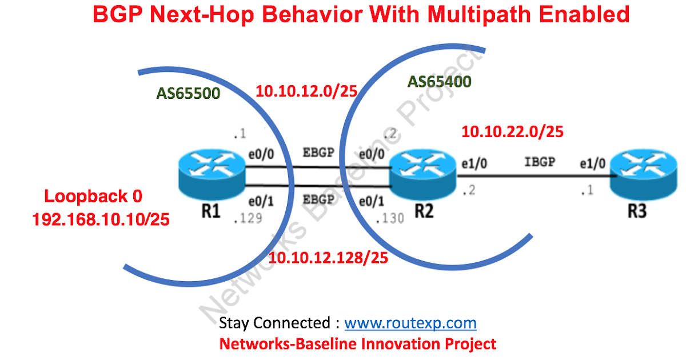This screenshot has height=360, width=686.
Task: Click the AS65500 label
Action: click(189, 93)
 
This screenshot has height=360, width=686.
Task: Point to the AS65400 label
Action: click(439, 82)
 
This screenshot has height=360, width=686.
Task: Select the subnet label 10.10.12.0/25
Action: click(306, 91)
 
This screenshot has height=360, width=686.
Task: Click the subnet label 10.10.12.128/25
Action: click(329, 258)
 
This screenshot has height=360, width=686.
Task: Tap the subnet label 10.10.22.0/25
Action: click(512, 132)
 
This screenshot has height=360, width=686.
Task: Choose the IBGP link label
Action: click(540, 162)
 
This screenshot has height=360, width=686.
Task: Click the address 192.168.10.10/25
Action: click(101, 219)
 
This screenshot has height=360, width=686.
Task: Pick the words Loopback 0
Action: click(93, 197)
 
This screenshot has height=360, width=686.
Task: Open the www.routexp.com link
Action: click(410, 323)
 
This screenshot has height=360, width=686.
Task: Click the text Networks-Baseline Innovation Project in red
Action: click(358, 344)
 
